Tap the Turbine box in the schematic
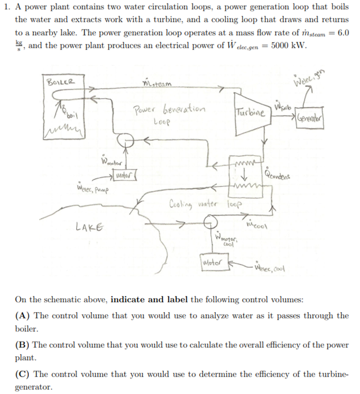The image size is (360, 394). coord(250,113)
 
